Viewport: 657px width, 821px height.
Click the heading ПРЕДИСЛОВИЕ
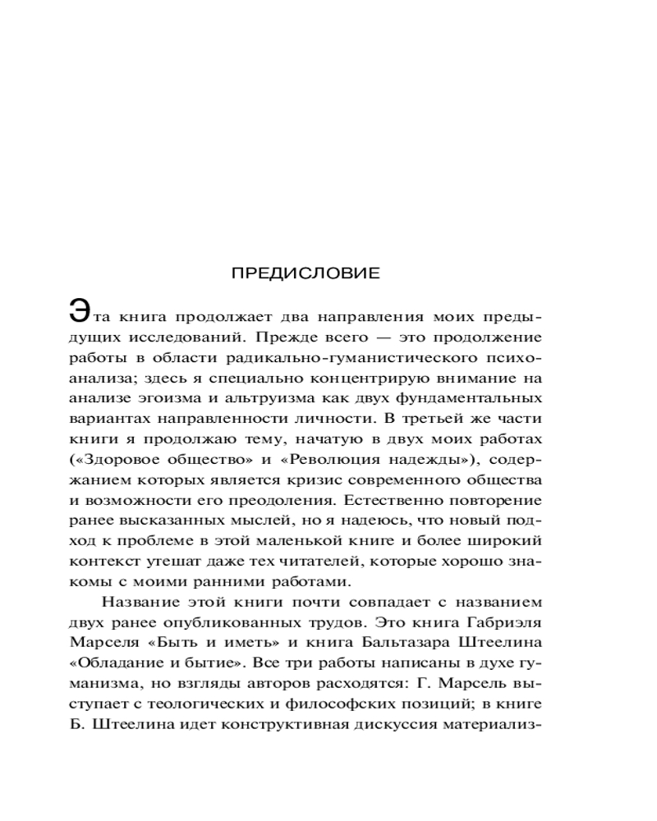click(306, 273)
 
